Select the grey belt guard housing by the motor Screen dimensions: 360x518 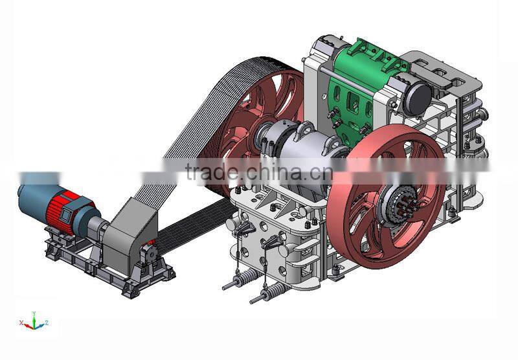129,227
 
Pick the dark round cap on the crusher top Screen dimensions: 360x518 417,97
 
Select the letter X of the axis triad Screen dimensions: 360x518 21,321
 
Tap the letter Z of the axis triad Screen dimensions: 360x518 47,322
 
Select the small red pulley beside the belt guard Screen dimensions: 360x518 151,249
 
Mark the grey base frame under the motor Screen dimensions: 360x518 104,269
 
